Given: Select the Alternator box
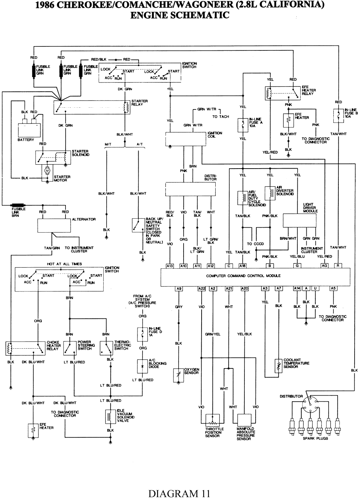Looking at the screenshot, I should click(x=54, y=225).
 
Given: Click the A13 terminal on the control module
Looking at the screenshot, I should click(x=170, y=266).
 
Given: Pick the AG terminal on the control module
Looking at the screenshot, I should click(x=325, y=266).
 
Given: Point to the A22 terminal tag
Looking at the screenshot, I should click(x=202, y=289).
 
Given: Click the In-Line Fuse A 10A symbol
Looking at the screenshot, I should click(x=243, y=125).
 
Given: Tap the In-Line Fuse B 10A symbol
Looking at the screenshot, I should click(x=338, y=115).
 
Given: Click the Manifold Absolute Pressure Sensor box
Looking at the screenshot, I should click(x=244, y=420).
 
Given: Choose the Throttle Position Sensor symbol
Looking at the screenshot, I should click(x=213, y=420).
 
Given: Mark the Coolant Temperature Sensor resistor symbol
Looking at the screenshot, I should click(x=278, y=366).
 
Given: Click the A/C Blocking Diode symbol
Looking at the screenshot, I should click(x=143, y=366).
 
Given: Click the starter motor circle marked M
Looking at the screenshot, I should click(x=47, y=170).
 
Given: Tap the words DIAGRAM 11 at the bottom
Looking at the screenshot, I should click(x=179, y=492).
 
